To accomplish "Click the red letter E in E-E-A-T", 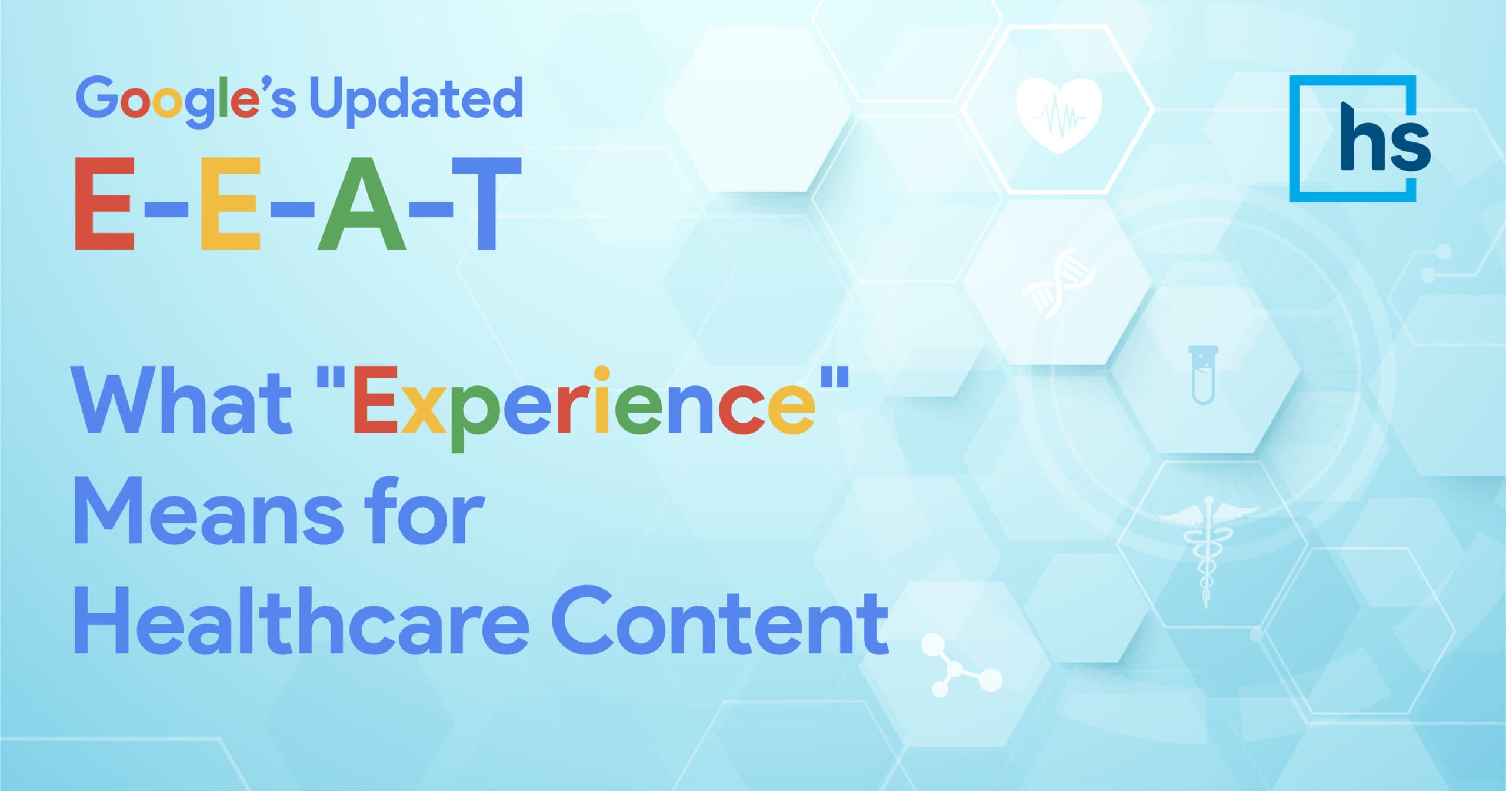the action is (105, 203).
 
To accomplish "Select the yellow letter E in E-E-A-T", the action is (230, 203).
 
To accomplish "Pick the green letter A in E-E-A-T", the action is (362, 203).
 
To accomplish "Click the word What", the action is (182, 400).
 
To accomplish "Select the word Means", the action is (209, 512).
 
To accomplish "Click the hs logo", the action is (1360, 139).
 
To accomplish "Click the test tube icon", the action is (1202, 375).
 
